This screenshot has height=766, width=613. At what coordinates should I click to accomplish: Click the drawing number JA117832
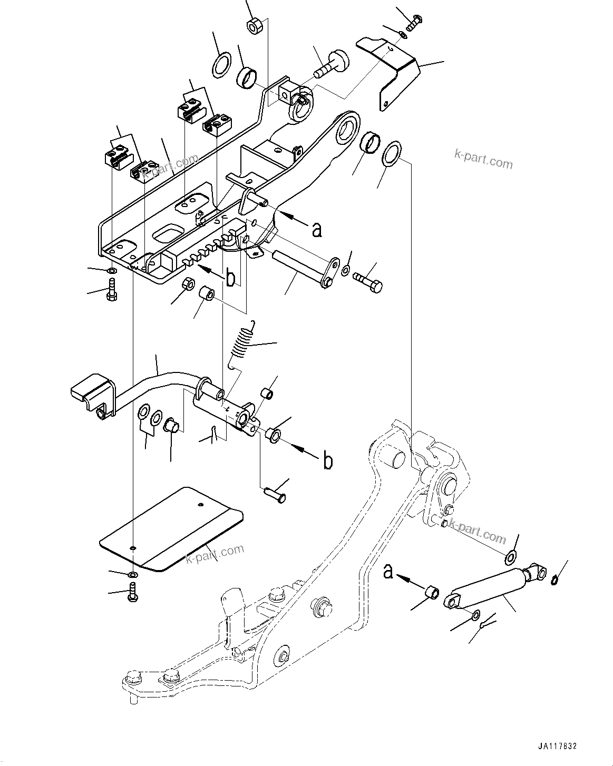coord(557,747)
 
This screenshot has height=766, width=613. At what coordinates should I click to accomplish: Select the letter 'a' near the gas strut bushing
coord(388,572)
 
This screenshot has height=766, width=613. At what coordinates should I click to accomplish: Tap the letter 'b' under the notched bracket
coord(230,279)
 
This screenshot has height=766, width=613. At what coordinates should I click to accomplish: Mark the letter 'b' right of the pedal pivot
coord(328,461)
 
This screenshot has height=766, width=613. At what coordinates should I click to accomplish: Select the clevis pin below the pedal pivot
coord(274,494)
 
